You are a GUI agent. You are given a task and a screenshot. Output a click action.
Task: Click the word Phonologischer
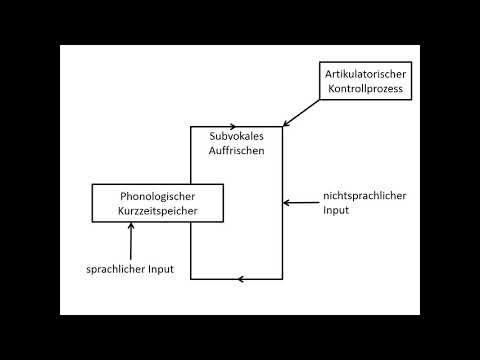tap(156, 196)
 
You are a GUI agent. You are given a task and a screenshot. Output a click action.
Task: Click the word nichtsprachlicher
tap(364, 196)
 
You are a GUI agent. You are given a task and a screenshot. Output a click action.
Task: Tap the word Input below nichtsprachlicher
tap(337, 211)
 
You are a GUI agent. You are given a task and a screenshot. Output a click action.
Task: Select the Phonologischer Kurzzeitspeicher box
tap(156, 203)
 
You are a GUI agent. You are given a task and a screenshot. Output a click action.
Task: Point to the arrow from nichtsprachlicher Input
tap(300, 203)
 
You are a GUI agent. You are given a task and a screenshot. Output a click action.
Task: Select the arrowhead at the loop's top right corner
tap(284, 124)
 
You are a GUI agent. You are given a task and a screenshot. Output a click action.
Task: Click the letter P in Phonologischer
tap(122, 196)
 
